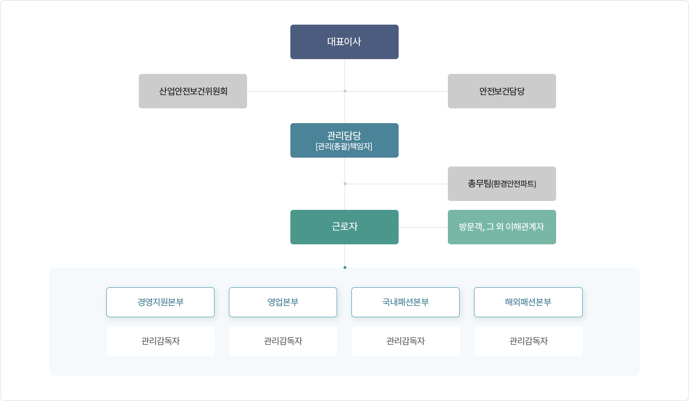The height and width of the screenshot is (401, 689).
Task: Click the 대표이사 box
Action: [344, 42]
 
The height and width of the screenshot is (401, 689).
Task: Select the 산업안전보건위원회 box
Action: [193, 91]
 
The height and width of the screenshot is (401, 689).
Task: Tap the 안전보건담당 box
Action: [501, 91]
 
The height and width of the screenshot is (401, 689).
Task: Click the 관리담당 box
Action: [344, 140]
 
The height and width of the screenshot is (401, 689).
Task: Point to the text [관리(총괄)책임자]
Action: [344, 146]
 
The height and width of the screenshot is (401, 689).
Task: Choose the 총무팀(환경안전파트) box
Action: [501, 184]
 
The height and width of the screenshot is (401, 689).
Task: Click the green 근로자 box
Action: [344, 227]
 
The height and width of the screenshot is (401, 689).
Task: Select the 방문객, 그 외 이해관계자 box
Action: [501, 227]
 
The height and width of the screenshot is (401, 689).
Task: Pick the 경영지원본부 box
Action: [160, 302]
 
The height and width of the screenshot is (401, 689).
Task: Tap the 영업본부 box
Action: [282, 302]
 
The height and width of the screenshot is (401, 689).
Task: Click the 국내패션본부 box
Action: [406, 302]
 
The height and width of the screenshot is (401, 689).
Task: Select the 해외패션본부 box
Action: [528, 302]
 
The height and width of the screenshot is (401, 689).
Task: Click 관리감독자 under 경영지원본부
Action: [160, 341]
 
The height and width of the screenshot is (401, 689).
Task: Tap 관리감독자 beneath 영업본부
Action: [283, 341]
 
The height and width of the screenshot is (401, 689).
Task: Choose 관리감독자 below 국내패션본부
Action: [406, 341]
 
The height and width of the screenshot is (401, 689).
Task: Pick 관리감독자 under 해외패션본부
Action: [529, 341]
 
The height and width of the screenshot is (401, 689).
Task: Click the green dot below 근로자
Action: [345, 267]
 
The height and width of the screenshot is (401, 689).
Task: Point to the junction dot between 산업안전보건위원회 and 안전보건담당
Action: [345, 91]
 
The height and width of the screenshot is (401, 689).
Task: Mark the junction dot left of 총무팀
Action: [345, 184]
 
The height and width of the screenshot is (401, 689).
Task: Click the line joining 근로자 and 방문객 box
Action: [423, 227]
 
